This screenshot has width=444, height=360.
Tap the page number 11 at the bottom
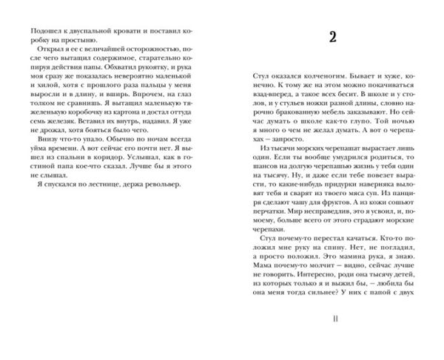point(334,318)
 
